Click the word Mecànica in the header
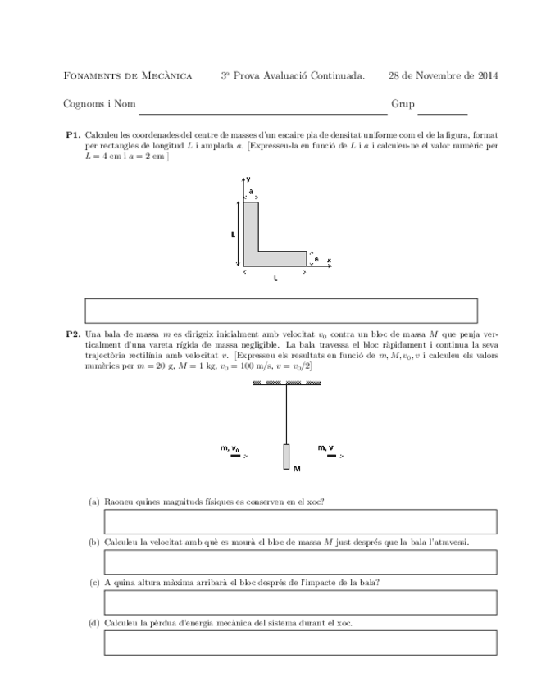point(167,76)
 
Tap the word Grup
point(403,105)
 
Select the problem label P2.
point(72,334)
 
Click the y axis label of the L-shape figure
point(248,178)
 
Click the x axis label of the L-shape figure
point(329,261)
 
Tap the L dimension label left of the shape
point(234,234)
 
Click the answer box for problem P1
point(281,311)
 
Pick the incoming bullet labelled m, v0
point(235,456)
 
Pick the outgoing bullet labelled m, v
point(331,456)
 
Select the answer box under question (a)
point(300,521)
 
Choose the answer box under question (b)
point(300,561)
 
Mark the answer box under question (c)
point(300,602)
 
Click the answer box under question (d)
point(300,642)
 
